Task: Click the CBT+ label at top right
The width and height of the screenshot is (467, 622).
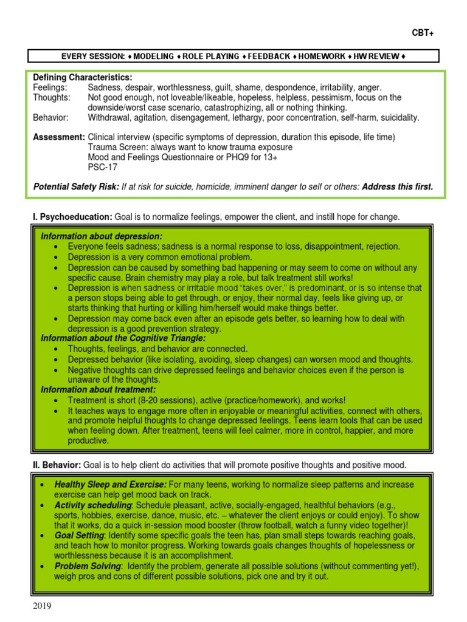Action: point(423,33)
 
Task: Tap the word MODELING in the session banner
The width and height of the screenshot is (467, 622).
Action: point(153,56)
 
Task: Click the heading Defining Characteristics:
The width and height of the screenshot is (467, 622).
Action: point(82,78)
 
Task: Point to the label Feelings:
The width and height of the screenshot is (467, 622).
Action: point(50,87)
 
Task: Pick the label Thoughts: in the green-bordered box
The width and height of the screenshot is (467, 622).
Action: point(51,97)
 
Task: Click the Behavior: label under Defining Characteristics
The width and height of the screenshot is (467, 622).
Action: point(50,117)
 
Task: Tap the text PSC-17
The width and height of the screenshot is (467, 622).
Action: point(102,167)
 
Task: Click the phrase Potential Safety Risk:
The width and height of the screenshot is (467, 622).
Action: point(75,187)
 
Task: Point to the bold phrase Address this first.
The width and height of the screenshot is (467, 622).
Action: point(398,187)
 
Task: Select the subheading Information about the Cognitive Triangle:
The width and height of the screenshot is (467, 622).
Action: point(123,338)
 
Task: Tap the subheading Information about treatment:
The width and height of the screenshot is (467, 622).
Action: point(98,389)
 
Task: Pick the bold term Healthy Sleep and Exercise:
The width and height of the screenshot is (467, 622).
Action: point(110,485)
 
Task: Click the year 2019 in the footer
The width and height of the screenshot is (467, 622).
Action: point(40,606)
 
